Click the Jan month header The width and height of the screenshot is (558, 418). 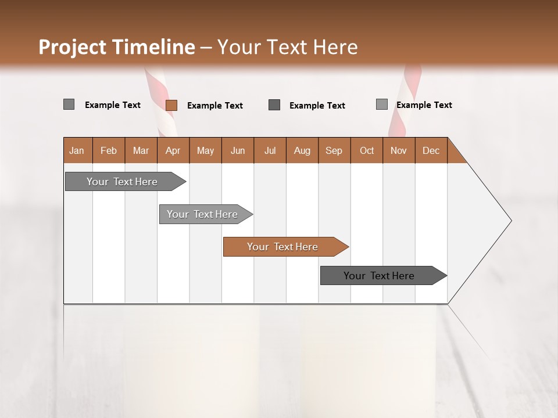[x=77, y=150]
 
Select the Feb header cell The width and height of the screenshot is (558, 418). [x=109, y=150]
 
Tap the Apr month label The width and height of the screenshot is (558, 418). [x=173, y=150]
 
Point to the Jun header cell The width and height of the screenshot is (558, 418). [x=238, y=150]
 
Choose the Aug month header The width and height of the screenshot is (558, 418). [x=302, y=150]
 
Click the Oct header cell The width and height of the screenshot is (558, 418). [x=367, y=150]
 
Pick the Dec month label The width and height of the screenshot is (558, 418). [x=431, y=150]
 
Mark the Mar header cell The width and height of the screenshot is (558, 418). [x=141, y=150]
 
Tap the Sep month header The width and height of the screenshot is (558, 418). [x=334, y=150]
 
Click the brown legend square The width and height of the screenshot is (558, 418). [x=171, y=105]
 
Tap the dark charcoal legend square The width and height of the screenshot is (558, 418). [x=274, y=105]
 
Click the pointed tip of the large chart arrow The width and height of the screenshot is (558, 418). [x=510, y=221]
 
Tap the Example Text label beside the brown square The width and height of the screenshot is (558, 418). [x=215, y=106]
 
